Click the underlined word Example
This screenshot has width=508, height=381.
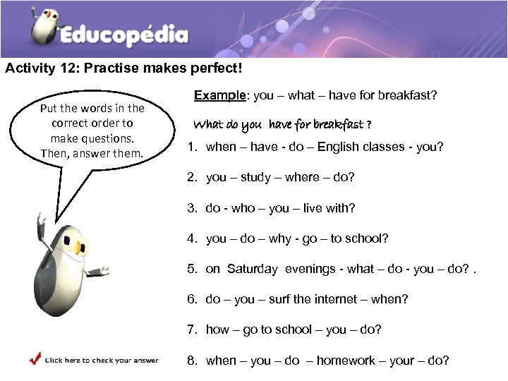[219, 95]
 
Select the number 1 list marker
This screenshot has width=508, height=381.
[191, 147]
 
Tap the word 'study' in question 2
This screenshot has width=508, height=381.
[255, 177]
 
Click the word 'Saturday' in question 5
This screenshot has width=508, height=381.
[253, 269]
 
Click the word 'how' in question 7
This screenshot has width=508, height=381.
[217, 329]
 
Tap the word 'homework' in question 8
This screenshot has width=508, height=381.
[346, 361]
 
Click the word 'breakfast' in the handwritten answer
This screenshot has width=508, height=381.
[338, 125]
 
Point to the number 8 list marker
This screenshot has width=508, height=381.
[191, 361]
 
